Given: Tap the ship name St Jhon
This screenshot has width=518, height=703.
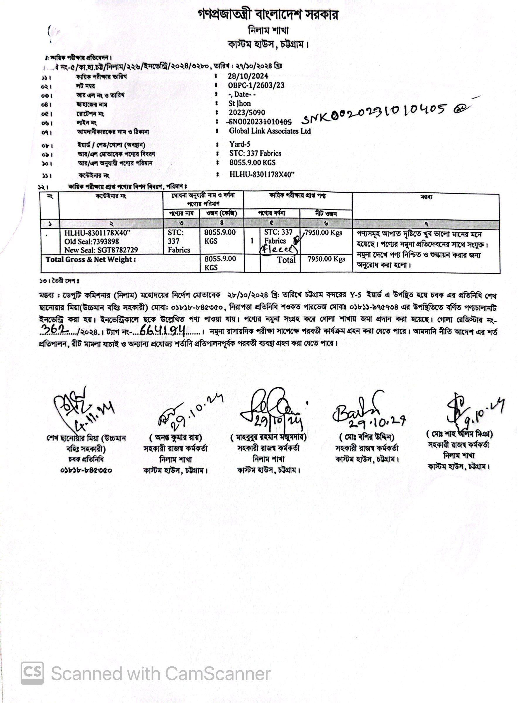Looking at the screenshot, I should tap(240, 103).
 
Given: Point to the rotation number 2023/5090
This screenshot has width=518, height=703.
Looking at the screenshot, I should tap(247, 112).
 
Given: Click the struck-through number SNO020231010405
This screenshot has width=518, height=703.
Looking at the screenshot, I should tap(260, 122).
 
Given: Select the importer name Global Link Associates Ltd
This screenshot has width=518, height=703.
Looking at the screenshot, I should tap(270, 131).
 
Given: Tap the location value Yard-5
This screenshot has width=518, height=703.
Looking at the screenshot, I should tap(240, 144).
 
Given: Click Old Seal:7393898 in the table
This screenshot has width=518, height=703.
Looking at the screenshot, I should tap(92, 241).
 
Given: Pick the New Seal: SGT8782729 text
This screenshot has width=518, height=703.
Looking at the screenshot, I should tap(101, 250).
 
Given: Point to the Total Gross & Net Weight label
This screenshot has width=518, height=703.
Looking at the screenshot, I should tap(91, 260).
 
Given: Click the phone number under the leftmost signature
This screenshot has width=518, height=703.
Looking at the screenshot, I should tap(86, 470).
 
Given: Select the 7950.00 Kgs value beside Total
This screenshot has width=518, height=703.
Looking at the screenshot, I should tap(326, 259).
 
